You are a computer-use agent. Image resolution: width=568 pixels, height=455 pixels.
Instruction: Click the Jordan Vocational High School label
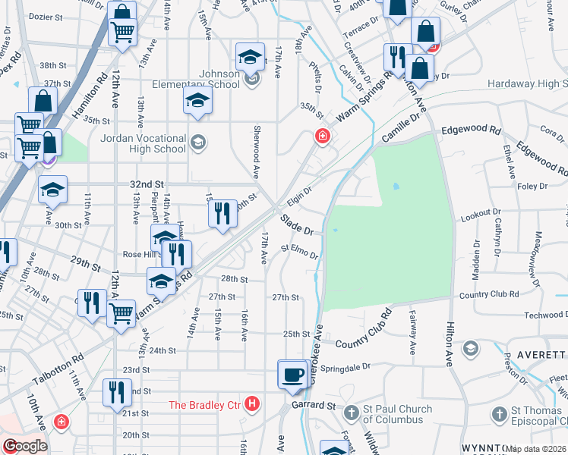pos(144,143)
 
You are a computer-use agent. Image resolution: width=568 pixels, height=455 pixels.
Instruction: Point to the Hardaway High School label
pos(527,83)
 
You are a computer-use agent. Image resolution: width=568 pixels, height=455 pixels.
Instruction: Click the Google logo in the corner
pos(24,446)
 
